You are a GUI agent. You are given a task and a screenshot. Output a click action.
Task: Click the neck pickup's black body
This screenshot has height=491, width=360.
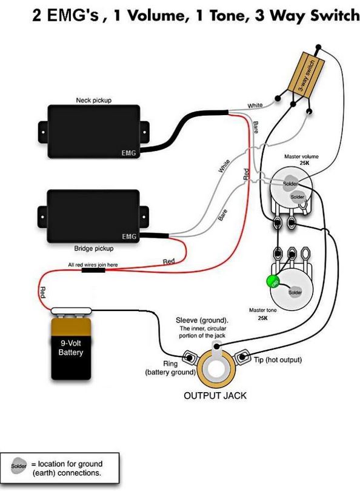(x=93, y=132)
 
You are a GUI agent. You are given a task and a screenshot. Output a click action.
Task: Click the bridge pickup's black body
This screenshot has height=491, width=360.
(x=93, y=216)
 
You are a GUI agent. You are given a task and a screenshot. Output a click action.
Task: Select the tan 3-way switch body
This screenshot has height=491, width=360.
(x=305, y=73)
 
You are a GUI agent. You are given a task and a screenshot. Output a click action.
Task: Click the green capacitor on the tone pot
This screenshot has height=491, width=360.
(x=272, y=281)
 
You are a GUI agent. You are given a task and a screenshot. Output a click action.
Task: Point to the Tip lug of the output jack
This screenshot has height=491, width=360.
(x=242, y=357)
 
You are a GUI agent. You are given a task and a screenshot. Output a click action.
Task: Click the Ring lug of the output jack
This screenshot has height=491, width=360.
(x=189, y=357)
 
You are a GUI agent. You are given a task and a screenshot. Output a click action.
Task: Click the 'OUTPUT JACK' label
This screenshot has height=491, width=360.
(x=215, y=395)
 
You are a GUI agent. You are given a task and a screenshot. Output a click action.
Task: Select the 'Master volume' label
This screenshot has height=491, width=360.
(x=301, y=156)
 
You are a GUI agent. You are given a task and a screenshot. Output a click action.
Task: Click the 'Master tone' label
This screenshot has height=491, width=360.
(x=262, y=310)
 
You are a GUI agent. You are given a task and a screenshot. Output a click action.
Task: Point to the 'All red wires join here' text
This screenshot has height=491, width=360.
(x=93, y=265)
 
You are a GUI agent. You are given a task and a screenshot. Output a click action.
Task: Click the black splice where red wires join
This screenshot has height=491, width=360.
(x=93, y=270)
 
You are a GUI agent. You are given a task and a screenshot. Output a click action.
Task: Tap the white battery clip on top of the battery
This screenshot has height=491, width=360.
(x=72, y=310)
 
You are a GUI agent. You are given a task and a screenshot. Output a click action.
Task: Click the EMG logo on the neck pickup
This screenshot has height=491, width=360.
(x=128, y=153)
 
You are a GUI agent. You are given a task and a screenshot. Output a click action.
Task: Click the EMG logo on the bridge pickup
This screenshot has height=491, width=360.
(x=129, y=237)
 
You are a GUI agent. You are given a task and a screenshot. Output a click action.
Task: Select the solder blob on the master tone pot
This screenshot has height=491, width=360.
(x=295, y=292)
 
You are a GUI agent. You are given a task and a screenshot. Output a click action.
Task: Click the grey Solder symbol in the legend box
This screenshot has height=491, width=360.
(x=19, y=466)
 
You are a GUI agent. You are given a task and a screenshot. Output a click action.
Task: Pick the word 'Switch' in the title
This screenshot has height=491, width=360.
(x=335, y=16)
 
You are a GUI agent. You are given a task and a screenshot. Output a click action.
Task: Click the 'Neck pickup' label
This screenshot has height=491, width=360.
(x=93, y=100)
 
